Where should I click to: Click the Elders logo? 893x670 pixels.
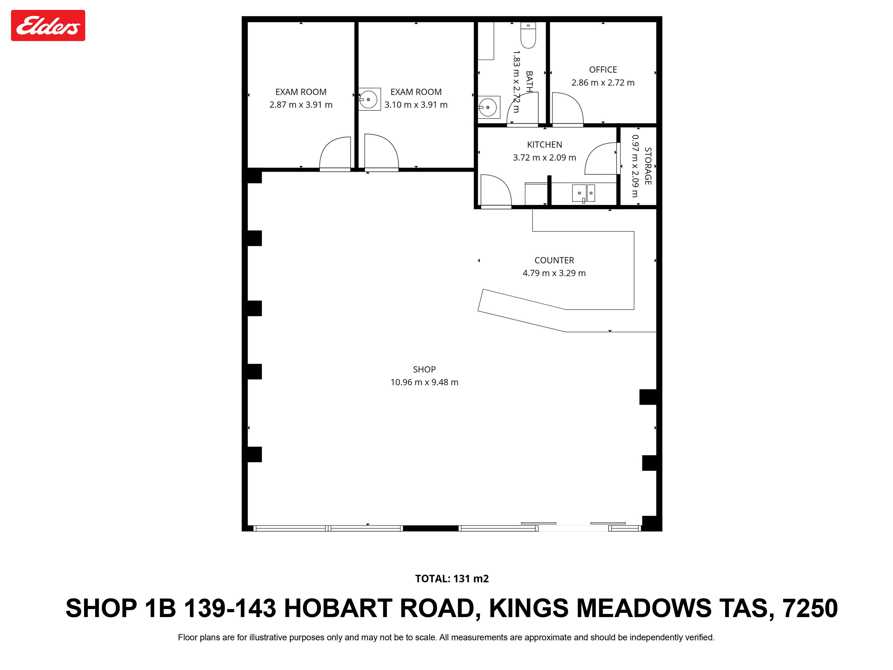coord(48,25)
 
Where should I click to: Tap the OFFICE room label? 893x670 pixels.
coord(603,70)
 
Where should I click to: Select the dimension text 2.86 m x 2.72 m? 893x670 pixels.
coord(603,83)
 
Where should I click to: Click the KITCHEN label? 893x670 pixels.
coord(544,144)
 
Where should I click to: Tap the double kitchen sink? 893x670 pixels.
coord(583,193)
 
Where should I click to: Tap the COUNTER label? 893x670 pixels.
coord(554,260)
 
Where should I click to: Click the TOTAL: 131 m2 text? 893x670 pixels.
coord(452,579)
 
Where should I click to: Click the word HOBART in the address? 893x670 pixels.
coord(338,609)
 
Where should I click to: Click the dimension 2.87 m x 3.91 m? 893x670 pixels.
coord(301,105)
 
